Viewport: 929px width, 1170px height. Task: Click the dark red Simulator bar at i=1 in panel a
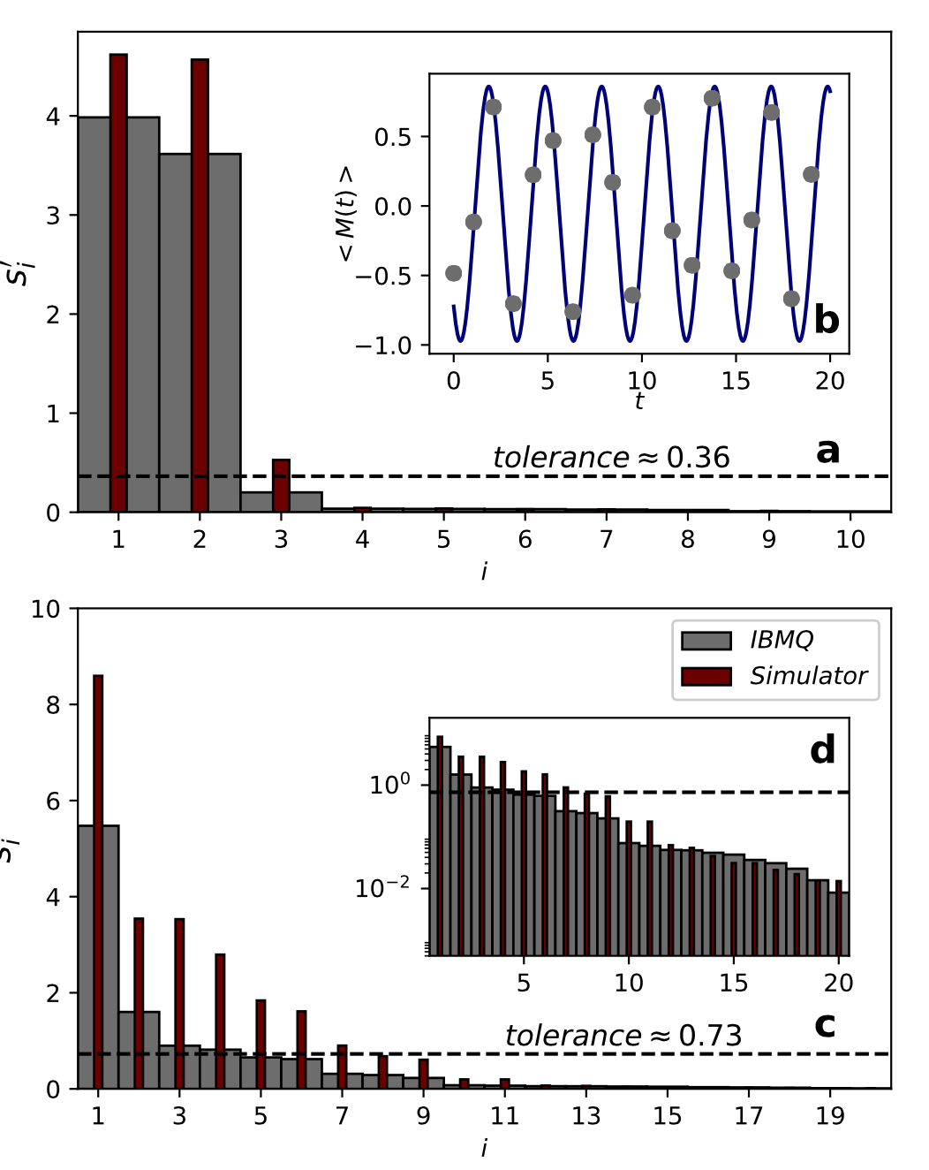[x=118, y=283]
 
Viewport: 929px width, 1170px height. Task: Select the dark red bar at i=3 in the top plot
[x=281, y=486]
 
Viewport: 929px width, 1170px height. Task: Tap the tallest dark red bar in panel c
[x=98, y=884]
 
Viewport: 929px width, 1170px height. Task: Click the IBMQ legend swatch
[x=706, y=640]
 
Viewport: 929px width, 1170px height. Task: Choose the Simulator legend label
[x=808, y=676]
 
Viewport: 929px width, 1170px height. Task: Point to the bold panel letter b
[x=827, y=319]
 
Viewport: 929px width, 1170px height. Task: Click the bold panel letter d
[x=822, y=750]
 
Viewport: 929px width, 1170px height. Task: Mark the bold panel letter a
[x=827, y=451]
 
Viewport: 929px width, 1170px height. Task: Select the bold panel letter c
[x=825, y=1025]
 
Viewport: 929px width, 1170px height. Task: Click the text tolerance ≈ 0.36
[x=611, y=458]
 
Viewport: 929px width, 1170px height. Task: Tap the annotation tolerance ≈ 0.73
[x=623, y=1036]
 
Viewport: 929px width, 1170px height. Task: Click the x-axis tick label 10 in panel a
[x=850, y=540]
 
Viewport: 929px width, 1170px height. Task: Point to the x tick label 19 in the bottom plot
[x=830, y=1116]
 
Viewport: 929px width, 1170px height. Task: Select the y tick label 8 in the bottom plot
[x=52, y=705]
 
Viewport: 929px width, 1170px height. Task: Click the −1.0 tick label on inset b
[x=384, y=346]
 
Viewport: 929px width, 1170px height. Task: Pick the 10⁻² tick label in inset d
[x=382, y=887]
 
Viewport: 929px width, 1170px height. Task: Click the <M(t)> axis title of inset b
[x=346, y=214]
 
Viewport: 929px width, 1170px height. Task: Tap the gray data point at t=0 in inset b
[x=454, y=273]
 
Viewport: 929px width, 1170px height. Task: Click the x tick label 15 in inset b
[x=736, y=381]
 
